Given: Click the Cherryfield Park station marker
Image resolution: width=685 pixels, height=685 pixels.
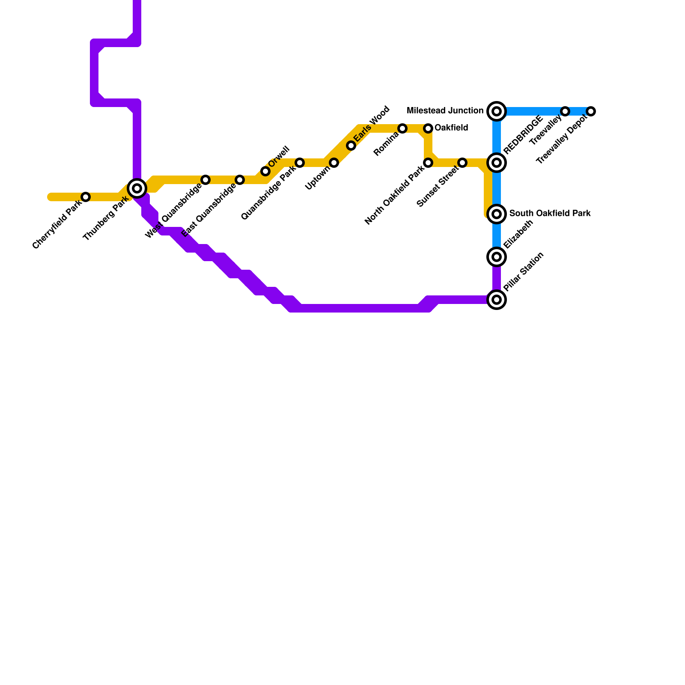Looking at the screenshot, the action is [86, 197].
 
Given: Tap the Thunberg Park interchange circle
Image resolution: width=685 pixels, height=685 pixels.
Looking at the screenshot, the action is [137, 188].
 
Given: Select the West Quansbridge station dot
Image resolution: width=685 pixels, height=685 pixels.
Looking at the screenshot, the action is [205, 180].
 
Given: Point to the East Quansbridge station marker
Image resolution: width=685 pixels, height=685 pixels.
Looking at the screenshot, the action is [240, 180].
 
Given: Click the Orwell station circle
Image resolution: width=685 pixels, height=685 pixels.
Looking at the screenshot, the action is [265, 171].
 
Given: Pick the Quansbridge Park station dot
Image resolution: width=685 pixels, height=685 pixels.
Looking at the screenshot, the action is [300, 163].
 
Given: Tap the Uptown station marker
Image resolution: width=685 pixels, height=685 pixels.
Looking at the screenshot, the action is [334, 163].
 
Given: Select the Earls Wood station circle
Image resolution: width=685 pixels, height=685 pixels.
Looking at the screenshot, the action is [351, 146].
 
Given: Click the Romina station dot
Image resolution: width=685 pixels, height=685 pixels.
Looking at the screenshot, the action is [402, 128].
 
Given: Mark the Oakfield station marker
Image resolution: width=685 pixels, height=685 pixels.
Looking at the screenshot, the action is [428, 128].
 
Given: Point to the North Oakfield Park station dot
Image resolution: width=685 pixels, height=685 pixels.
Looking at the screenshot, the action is [428, 163].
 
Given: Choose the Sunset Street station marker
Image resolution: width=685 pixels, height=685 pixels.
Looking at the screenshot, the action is [462, 163].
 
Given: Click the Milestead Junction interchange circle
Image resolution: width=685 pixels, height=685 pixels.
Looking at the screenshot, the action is [497, 111].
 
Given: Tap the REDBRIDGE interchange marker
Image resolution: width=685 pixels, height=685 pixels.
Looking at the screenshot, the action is [497, 163].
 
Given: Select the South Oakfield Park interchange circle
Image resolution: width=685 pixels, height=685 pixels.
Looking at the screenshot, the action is [497, 214].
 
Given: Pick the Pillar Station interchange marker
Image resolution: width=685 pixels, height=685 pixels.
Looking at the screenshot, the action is [497, 300].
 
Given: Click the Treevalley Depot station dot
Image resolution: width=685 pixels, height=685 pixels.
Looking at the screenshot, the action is [591, 111].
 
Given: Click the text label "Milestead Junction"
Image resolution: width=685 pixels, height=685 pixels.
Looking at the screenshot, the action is [445, 111].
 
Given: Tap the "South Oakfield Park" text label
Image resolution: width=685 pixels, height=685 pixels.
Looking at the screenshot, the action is [550, 213].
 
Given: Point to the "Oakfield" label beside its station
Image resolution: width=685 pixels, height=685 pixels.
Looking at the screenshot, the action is [451, 128].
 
